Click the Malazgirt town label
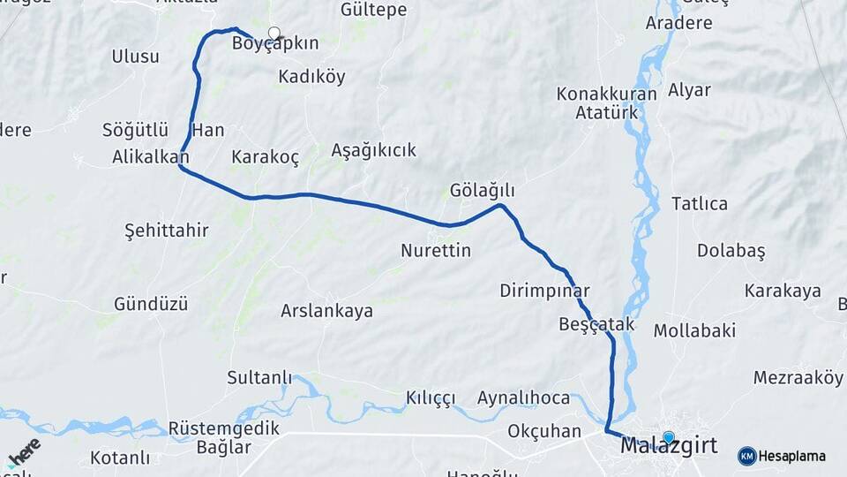click(x=669, y=447)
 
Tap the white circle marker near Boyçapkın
click(x=274, y=34)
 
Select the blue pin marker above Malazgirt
click(x=668, y=437)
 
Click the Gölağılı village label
click(x=482, y=191)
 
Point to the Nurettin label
click(x=436, y=251)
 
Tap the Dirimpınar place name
click(x=544, y=291)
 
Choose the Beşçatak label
click(x=596, y=324)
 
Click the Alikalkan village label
click(x=151, y=157)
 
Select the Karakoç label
click(x=265, y=157)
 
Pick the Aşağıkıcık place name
click(x=373, y=150)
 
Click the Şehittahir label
click(x=167, y=231)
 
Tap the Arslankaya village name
click(x=326, y=311)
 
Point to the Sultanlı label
click(x=259, y=378)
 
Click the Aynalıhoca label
click(x=523, y=397)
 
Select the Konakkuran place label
click(x=607, y=94)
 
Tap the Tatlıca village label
click(x=700, y=204)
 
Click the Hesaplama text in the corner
click(x=791, y=457)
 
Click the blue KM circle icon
click(x=746, y=456)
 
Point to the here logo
click(x=24, y=451)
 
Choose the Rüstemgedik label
click(x=223, y=428)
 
